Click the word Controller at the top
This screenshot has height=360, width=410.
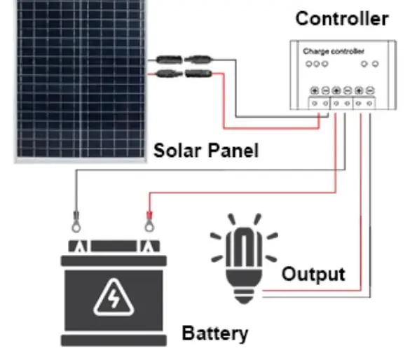(x=342, y=19)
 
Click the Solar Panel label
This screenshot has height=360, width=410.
(x=206, y=151)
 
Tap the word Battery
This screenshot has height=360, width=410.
(x=215, y=333)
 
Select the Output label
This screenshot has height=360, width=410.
(x=313, y=275)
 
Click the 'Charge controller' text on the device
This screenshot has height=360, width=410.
(x=334, y=51)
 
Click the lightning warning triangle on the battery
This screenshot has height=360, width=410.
(x=114, y=298)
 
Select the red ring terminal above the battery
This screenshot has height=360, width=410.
(x=149, y=221)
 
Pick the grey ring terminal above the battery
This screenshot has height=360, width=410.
(x=76, y=221)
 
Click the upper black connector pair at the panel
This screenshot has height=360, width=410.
(x=184, y=60)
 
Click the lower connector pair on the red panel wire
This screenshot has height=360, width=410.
(x=184, y=74)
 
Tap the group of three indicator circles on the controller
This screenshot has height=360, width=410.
(x=317, y=64)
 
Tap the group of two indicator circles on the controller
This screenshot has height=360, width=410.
(x=370, y=64)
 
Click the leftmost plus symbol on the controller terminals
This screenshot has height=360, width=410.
(x=314, y=90)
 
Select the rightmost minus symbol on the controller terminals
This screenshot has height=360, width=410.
(x=370, y=90)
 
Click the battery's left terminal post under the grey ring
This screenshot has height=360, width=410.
(x=80, y=246)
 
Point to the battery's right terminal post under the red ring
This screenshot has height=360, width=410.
(x=149, y=246)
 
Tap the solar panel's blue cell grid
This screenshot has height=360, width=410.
(x=81, y=78)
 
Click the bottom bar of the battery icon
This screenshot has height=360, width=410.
(x=114, y=340)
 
